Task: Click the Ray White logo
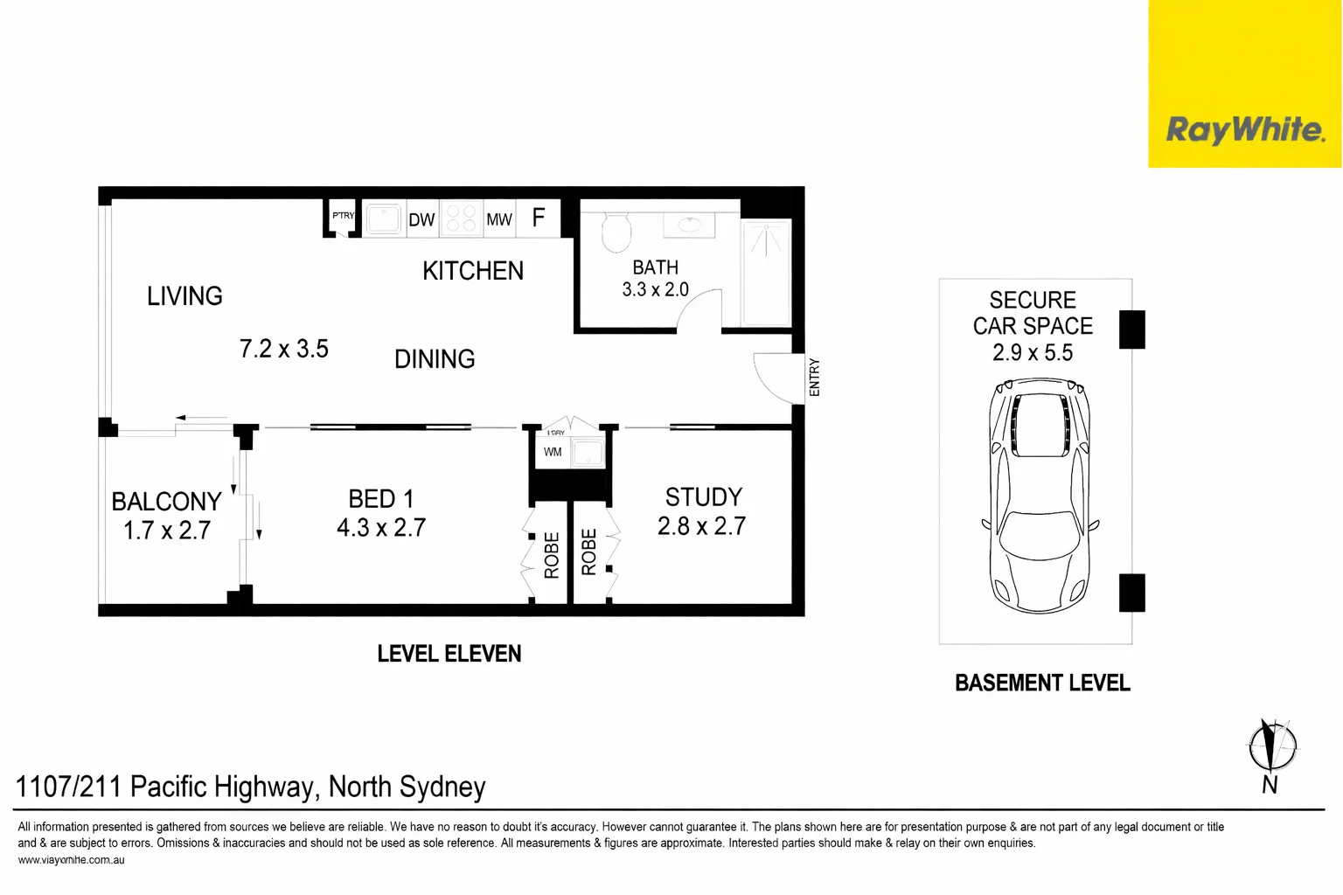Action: [1244, 130]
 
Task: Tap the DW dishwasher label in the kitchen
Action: [421, 219]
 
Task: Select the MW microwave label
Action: [499, 219]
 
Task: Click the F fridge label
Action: [539, 217]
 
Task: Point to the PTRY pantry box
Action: [343, 217]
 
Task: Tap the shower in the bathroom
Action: [766, 272]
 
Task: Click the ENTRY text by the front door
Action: [815, 378]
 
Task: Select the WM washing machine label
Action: [553, 452]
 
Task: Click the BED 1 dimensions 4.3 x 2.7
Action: [381, 528]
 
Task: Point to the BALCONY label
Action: [166, 502]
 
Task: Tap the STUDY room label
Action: [703, 497]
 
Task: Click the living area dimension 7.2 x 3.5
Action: [284, 349]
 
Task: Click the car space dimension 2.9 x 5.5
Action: [1033, 353]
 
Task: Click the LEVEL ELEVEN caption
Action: [449, 654]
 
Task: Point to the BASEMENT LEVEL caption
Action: [1042, 683]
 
